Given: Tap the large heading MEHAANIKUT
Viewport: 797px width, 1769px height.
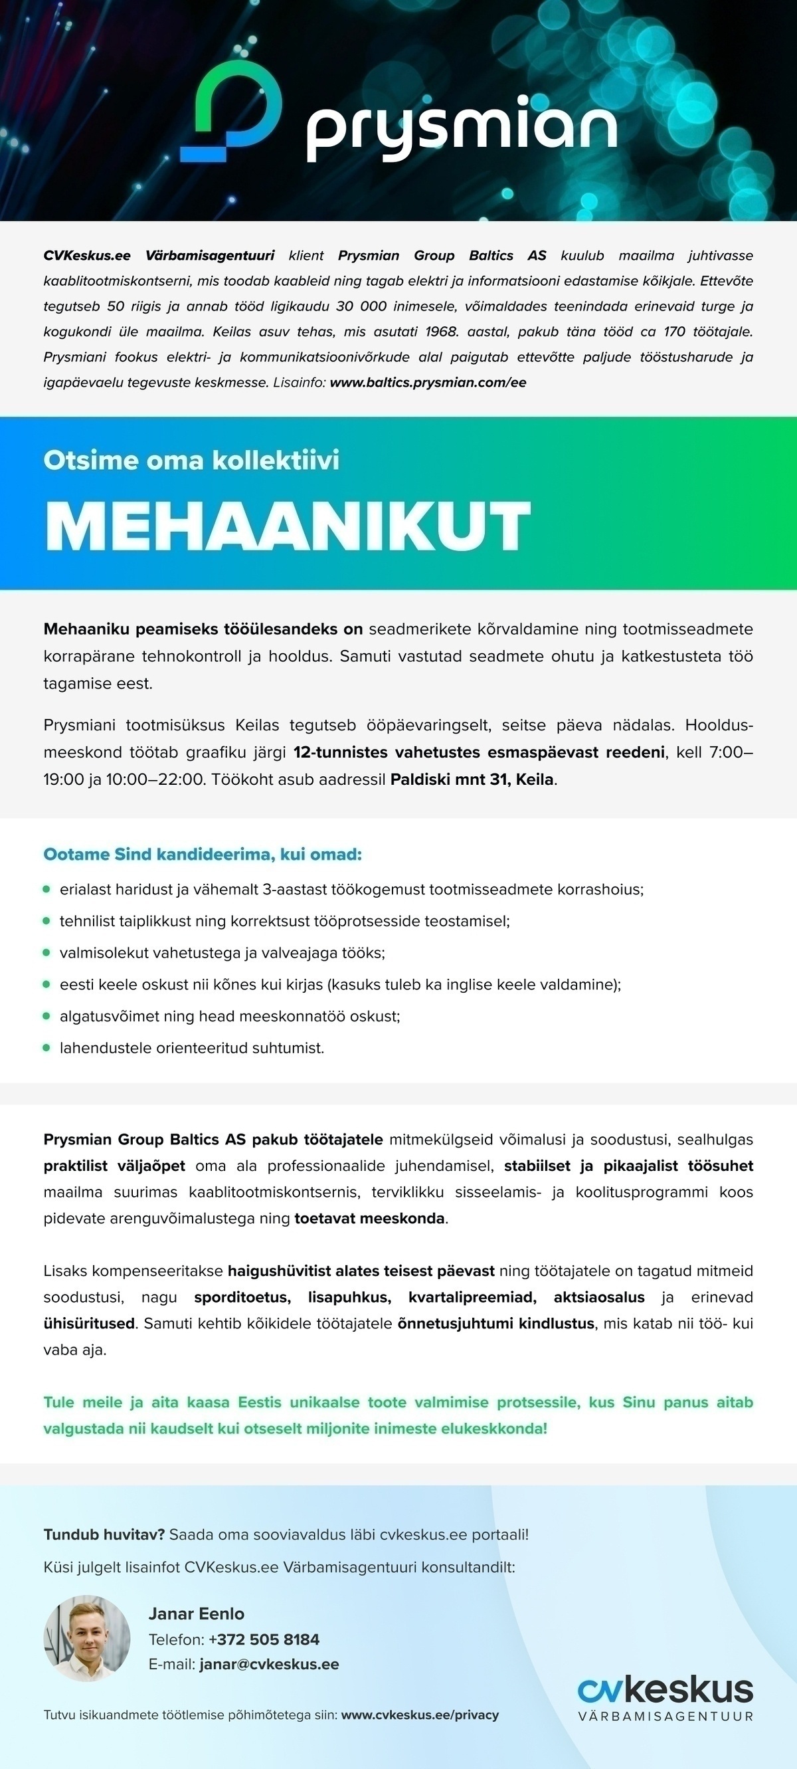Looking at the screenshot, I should click(x=288, y=526).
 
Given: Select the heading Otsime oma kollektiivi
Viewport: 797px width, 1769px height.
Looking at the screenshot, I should click(x=191, y=460).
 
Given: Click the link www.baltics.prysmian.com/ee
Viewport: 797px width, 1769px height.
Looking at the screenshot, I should click(x=428, y=383).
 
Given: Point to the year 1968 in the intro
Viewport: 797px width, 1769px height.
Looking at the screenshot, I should click(x=442, y=332).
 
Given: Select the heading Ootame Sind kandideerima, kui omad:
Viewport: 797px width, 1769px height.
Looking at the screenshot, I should click(x=203, y=855).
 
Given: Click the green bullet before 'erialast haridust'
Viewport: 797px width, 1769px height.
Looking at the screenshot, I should click(x=46, y=889).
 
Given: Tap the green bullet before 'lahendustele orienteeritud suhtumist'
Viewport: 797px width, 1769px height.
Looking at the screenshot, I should click(x=46, y=1048).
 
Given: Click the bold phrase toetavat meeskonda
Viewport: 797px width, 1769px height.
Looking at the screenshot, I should click(x=369, y=1219).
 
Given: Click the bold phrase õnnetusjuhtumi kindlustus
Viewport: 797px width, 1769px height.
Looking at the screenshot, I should click(x=495, y=1323).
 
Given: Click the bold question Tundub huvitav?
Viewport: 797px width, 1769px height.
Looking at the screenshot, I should click(x=104, y=1534).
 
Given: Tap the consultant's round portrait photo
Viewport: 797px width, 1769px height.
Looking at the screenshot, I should click(x=86, y=1638).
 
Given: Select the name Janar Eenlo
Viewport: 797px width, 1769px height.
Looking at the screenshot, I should click(x=197, y=1613).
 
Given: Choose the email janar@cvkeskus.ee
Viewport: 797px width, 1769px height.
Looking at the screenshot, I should click(x=269, y=1664).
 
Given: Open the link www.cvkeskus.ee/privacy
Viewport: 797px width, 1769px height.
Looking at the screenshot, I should click(x=420, y=1715).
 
